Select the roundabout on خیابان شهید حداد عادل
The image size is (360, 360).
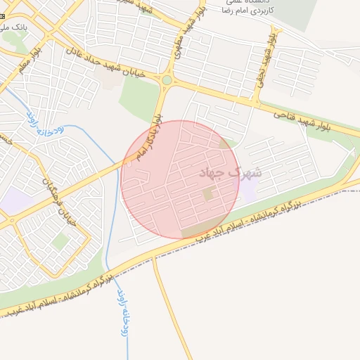point(167,81)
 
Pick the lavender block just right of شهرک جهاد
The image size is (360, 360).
point(250,184)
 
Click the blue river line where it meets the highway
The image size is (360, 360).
point(108,271)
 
